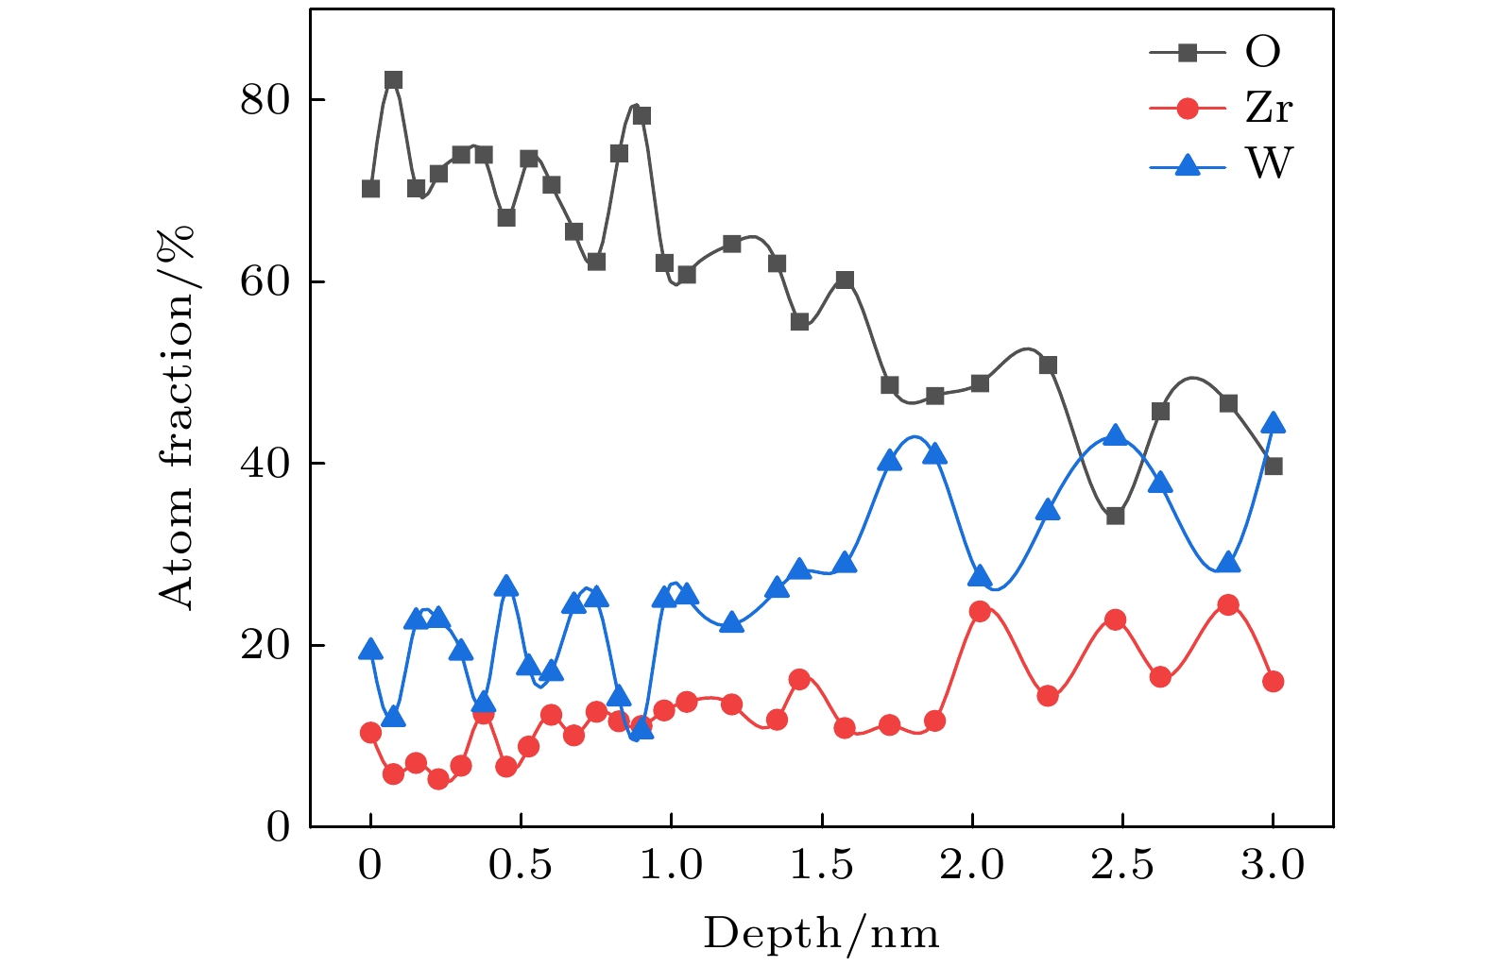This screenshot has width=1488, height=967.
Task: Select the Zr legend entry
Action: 1220,109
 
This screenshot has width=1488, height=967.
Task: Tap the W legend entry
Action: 1220,164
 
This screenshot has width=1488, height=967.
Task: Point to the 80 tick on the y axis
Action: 265,99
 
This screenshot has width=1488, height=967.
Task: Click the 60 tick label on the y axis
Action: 265,281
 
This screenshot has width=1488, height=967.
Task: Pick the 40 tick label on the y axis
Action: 265,463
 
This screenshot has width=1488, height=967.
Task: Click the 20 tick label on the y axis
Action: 265,645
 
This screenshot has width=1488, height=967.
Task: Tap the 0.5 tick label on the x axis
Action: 520,865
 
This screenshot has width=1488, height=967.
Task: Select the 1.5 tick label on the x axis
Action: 821,865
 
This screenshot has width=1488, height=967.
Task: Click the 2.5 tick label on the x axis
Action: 1122,865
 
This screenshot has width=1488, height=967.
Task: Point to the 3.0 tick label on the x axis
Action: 1273,865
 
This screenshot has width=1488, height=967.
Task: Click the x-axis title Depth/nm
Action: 821,933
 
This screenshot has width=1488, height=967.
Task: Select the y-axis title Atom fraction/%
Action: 177,416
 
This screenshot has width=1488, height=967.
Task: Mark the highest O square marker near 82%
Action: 393,80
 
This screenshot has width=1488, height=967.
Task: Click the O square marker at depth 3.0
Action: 1273,467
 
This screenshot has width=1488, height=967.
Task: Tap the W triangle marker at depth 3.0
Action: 1273,423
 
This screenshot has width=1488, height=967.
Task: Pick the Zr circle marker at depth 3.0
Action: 1273,682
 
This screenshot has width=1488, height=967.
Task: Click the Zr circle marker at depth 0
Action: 370,733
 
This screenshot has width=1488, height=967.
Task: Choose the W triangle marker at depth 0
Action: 370,650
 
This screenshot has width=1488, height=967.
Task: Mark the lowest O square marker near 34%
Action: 1115,516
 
